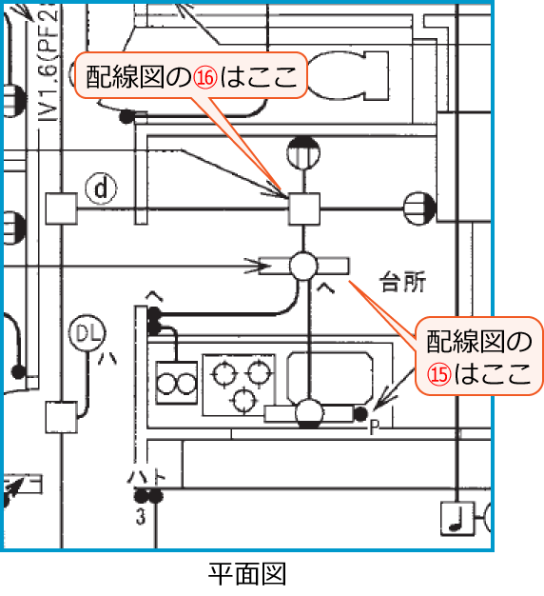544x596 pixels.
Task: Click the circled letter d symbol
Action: [x=100, y=189]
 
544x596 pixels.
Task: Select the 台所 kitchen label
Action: [x=402, y=282]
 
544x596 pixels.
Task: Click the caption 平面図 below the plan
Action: [x=247, y=574]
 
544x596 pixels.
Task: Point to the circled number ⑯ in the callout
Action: [x=205, y=79]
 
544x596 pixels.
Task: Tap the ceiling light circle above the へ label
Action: [x=304, y=265]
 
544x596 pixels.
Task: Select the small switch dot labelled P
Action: [x=360, y=413]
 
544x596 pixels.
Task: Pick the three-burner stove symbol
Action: [x=238, y=383]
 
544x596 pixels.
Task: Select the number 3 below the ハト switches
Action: [x=141, y=518]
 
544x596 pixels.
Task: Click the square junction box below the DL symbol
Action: [x=62, y=417]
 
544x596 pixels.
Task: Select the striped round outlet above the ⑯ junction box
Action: [x=302, y=150]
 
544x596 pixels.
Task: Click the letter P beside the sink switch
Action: [x=375, y=428]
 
